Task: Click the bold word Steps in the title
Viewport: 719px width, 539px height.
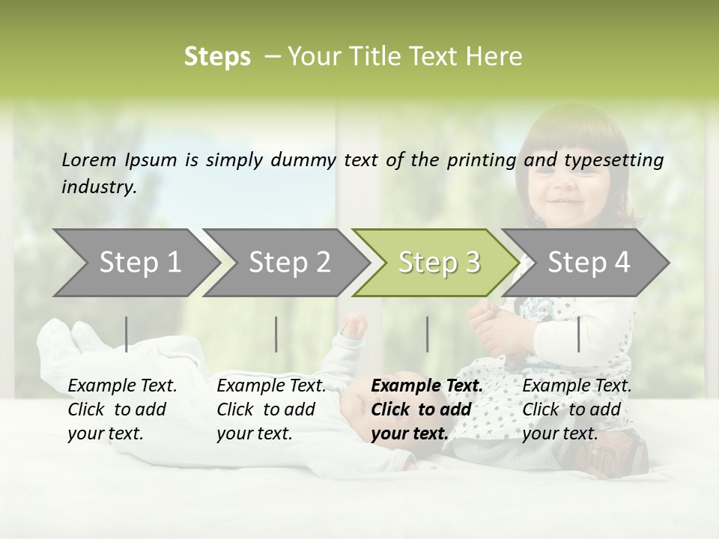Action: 217,57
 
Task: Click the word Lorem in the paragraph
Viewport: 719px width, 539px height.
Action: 89,159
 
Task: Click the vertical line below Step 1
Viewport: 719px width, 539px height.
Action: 126,334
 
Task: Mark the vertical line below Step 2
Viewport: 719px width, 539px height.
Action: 276,334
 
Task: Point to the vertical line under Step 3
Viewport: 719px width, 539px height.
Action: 427,334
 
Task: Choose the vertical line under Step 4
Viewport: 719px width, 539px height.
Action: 578,334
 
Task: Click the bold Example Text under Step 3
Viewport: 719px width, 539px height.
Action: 427,386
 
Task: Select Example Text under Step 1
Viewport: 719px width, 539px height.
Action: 122,386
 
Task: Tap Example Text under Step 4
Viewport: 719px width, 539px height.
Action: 577,386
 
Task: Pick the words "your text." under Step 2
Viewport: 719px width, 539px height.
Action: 254,433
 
